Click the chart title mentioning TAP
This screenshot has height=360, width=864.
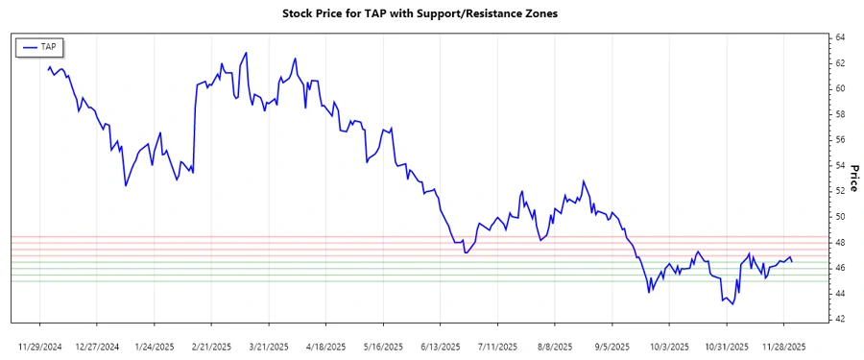click(432, 14)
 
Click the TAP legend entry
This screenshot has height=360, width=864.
click(40, 46)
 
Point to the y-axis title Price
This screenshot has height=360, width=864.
click(853, 178)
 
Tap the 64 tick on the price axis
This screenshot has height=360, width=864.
click(840, 37)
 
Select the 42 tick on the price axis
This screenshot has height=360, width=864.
click(840, 319)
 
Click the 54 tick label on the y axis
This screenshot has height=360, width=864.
click(840, 165)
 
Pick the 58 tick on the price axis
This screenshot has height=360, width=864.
click(840, 114)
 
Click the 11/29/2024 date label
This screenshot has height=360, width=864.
click(40, 345)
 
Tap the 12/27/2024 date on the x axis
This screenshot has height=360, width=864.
click(97, 345)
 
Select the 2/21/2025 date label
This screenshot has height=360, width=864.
click(211, 345)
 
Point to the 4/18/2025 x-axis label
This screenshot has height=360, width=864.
click(325, 345)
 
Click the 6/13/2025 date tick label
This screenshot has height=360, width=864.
click(441, 345)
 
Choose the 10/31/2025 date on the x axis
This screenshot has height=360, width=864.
click(727, 345)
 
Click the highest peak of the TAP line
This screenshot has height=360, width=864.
click(247, 53)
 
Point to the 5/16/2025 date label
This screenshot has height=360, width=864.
click(383, 345)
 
